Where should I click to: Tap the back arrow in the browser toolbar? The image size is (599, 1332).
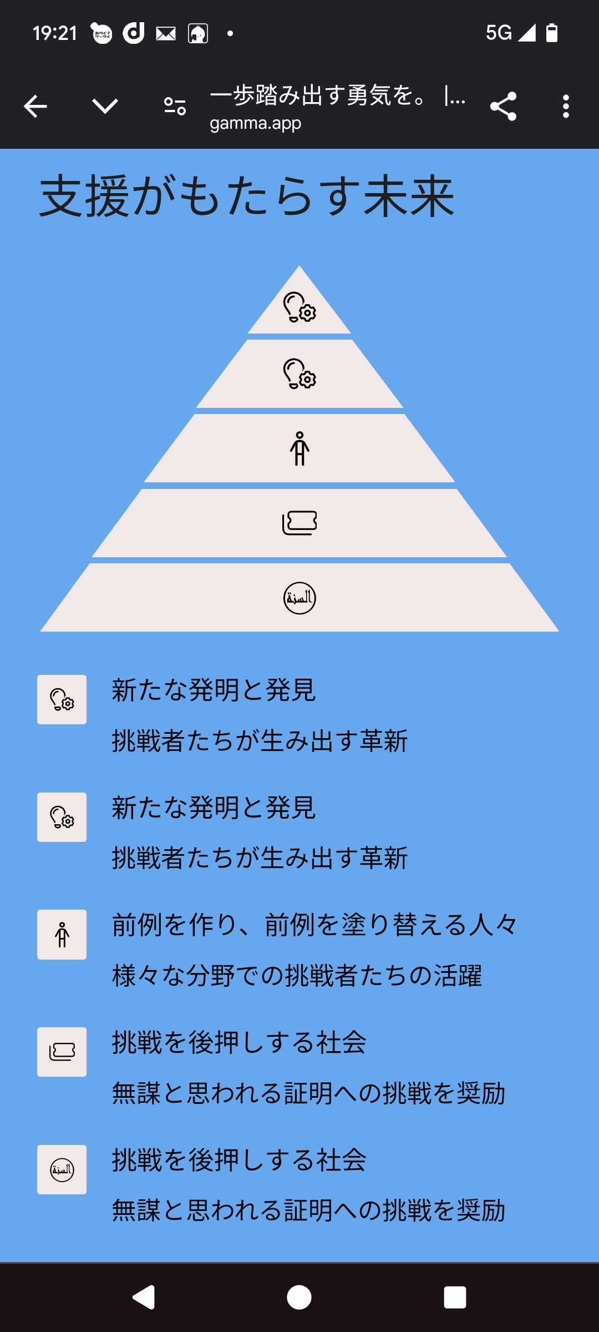pyautogui.click(x=35, y=106)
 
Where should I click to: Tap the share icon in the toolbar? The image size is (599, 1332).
pyautogui.click(x=503, y=106)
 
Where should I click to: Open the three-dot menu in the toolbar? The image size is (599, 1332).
pyautogui.click(x=566, y=106)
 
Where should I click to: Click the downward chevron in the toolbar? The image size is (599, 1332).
pyautogui.click(x=105, y=106)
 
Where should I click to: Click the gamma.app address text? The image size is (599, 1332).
pyautogui.click(x=255, y=123)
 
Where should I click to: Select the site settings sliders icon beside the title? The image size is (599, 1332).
pyautogui.click(x=175, y=106)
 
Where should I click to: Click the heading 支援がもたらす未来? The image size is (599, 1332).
pyautogui.click(x=247, y=196)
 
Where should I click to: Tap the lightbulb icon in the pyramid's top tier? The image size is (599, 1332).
pyautogui.click(x=299, y=307)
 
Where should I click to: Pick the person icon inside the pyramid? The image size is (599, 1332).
pyautogui.click(x=299, y=448)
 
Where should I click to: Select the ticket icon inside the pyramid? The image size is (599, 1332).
pyautogui.click(x=299, y=523)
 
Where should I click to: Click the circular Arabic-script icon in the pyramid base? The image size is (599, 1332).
pyautogui.click(x=299, y=598)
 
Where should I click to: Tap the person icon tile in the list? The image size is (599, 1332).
pyautogui.click(x=62, y=934)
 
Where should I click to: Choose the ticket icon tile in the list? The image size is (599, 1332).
pyautogui.click(x=62, y=1052)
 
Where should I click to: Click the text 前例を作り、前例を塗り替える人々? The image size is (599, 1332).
pyautogui.click(x=314, y=925)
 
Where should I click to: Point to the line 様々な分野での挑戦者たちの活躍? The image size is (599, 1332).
pyautogui.click(x=297, y=976)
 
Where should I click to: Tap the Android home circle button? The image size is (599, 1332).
pyautogui.click(x=299, y=1298)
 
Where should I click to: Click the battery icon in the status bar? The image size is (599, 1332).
pyautogui.click(x=552, y=33)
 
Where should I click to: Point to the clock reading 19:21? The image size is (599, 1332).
pyautogui.click(x=54, y=33)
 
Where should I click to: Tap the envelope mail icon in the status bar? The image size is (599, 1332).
pyautogui.click(x=166, y=34)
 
